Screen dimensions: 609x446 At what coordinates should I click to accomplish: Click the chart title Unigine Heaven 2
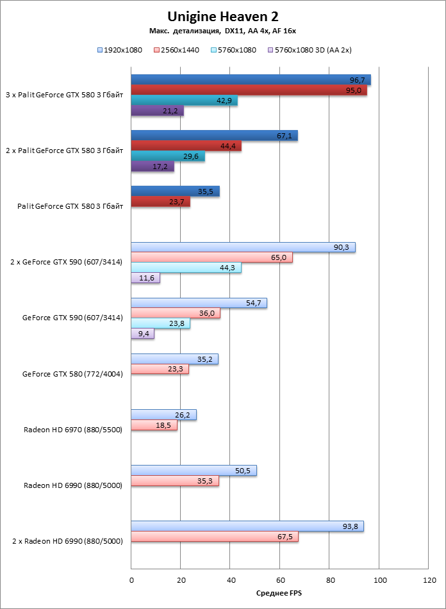[x=223, y=17]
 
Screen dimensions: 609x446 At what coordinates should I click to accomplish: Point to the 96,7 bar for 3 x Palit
[x=251, y=80]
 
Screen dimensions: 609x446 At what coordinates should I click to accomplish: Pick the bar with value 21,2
[x=157, y=111]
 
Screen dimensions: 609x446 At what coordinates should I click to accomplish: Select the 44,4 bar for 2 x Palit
[x=186, y=146]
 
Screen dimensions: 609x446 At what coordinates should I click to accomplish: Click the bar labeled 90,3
[x=243, y=247]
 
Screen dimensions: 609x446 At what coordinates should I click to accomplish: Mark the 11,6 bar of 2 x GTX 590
[x=145, y=279]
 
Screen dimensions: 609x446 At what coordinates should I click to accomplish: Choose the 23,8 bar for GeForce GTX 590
[x=160, y=323]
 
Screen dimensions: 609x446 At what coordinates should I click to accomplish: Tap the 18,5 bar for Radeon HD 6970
[x=154, y=425]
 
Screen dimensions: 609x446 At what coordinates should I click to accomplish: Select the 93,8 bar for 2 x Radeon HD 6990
[x=247, y=526]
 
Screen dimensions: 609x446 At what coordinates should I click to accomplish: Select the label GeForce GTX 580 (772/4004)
[x=72, y=373]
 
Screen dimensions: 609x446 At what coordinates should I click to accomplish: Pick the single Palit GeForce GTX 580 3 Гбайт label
[x=70, y=206]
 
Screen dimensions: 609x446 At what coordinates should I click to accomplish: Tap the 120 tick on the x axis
[x=428, y=580]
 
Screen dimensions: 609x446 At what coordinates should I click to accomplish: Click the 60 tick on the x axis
[x=279, y=580]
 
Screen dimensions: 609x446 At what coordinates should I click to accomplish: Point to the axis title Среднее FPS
[x=279, y=594]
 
